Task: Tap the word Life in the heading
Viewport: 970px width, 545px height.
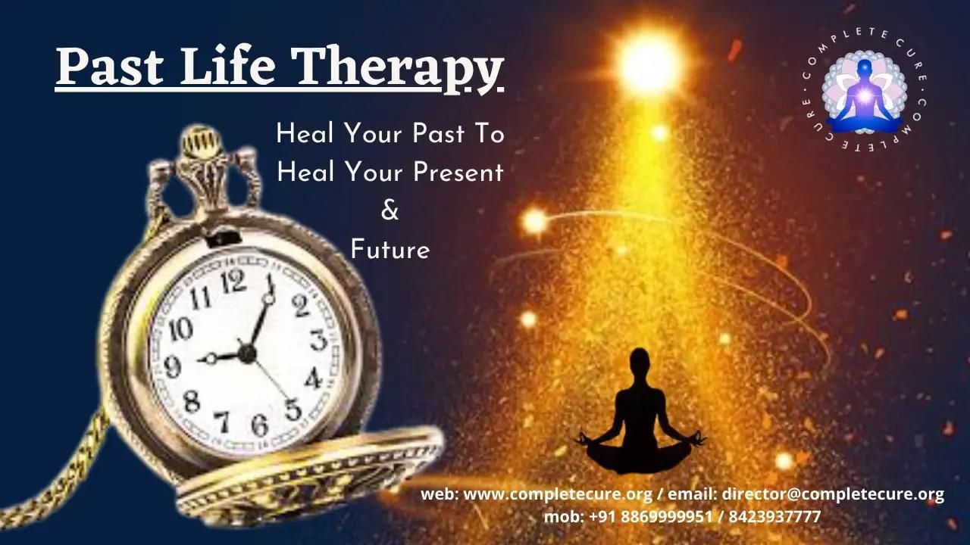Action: point(227,65)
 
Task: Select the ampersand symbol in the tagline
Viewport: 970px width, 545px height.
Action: point(390,210)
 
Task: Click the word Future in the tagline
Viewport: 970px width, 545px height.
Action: point(390,250)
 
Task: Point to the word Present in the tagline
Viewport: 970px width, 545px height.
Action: point(458,172)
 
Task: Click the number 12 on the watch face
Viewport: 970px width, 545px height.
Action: point(233,281)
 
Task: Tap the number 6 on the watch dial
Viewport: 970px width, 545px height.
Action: point(260,425)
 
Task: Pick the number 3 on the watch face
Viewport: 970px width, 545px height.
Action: point(319,340)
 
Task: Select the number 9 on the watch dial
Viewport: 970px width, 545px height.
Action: point(172,367)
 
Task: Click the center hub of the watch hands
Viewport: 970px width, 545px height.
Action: point(247,353)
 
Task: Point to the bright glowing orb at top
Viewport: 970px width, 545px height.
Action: point(648,64)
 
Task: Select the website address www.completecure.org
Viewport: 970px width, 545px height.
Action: point(558,494)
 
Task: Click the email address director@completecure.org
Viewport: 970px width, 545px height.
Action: point(833,494)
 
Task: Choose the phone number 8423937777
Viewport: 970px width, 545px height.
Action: point(774,516)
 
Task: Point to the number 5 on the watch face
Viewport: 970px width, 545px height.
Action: point(293,409)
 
